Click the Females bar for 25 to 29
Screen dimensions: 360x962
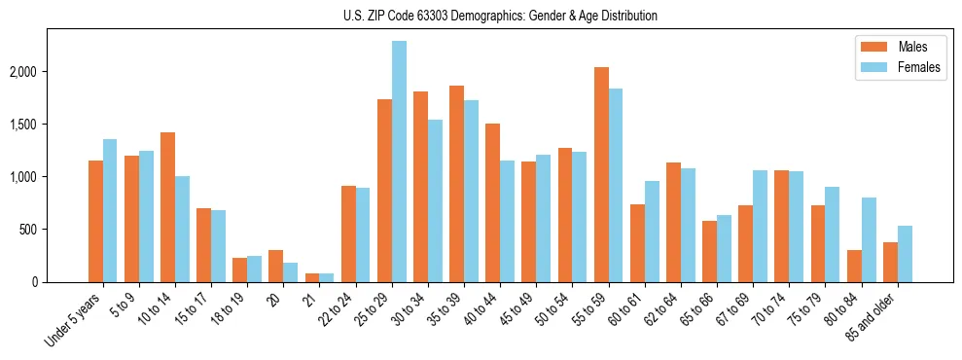pyautogui.click(x=399, y=162)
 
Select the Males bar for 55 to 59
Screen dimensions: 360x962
pyautogui.click(x=601, y=175)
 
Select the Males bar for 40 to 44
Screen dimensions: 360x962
pyautogui.click(x=492, y=203)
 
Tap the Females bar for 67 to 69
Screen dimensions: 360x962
pyautogui.click(x=760, y=227)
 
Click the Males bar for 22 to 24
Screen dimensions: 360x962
pyautogui.click(x=348, y=234)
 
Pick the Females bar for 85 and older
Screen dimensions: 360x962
pyautogui.click(x=905, y=254)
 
